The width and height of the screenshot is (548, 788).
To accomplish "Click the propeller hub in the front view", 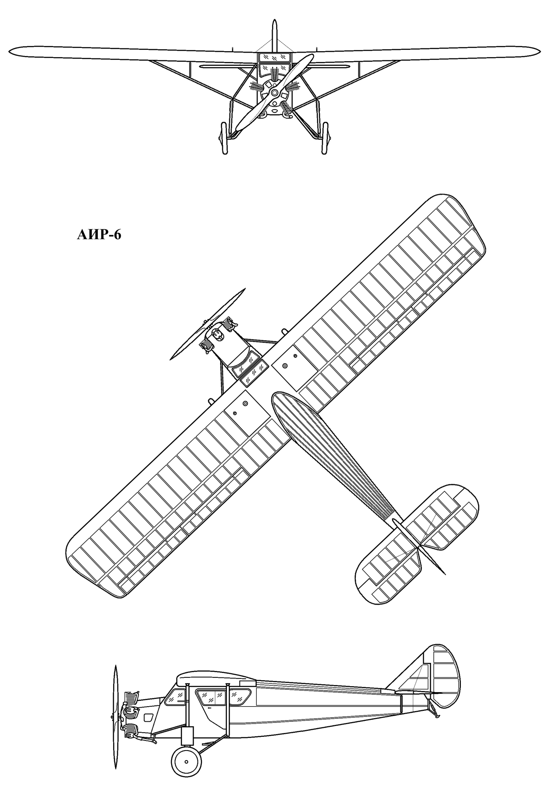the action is click(274, 93).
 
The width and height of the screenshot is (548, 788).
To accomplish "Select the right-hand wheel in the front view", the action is click(325, 138).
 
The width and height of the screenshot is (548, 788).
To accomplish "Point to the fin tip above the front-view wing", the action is click(274, 21).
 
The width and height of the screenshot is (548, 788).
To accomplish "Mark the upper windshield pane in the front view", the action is click(274, 57).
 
